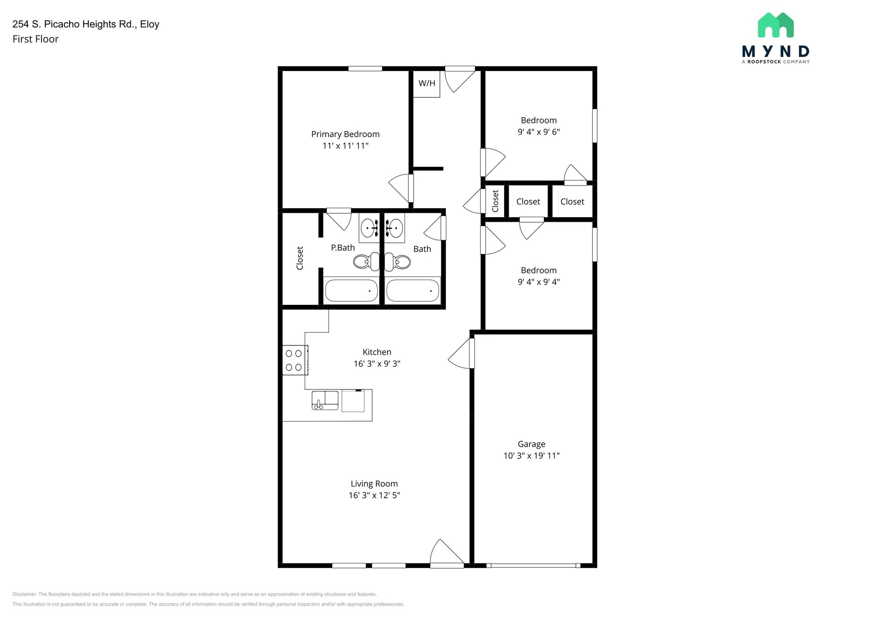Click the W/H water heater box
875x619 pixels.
click(426, 84)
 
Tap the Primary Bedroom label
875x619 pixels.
click(345, 134)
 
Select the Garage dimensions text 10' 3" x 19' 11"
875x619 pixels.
click(531, 456)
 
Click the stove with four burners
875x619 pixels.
click(295, 360)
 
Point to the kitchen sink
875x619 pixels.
click(325, 401)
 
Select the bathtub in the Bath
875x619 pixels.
click(412, 291)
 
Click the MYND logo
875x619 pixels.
click(775, 38)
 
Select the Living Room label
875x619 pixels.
click(374, 484)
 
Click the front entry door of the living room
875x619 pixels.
click(446, 556)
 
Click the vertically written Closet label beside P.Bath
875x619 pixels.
click(300, 258)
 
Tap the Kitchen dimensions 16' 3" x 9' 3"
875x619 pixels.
click(376, 364)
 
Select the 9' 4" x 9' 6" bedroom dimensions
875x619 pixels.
click(538, 132)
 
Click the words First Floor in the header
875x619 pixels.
click(35, 39)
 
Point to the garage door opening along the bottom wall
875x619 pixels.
click(533, 566)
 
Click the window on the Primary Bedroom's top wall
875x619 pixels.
click(365, 68)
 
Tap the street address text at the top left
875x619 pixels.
click(86, 24)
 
